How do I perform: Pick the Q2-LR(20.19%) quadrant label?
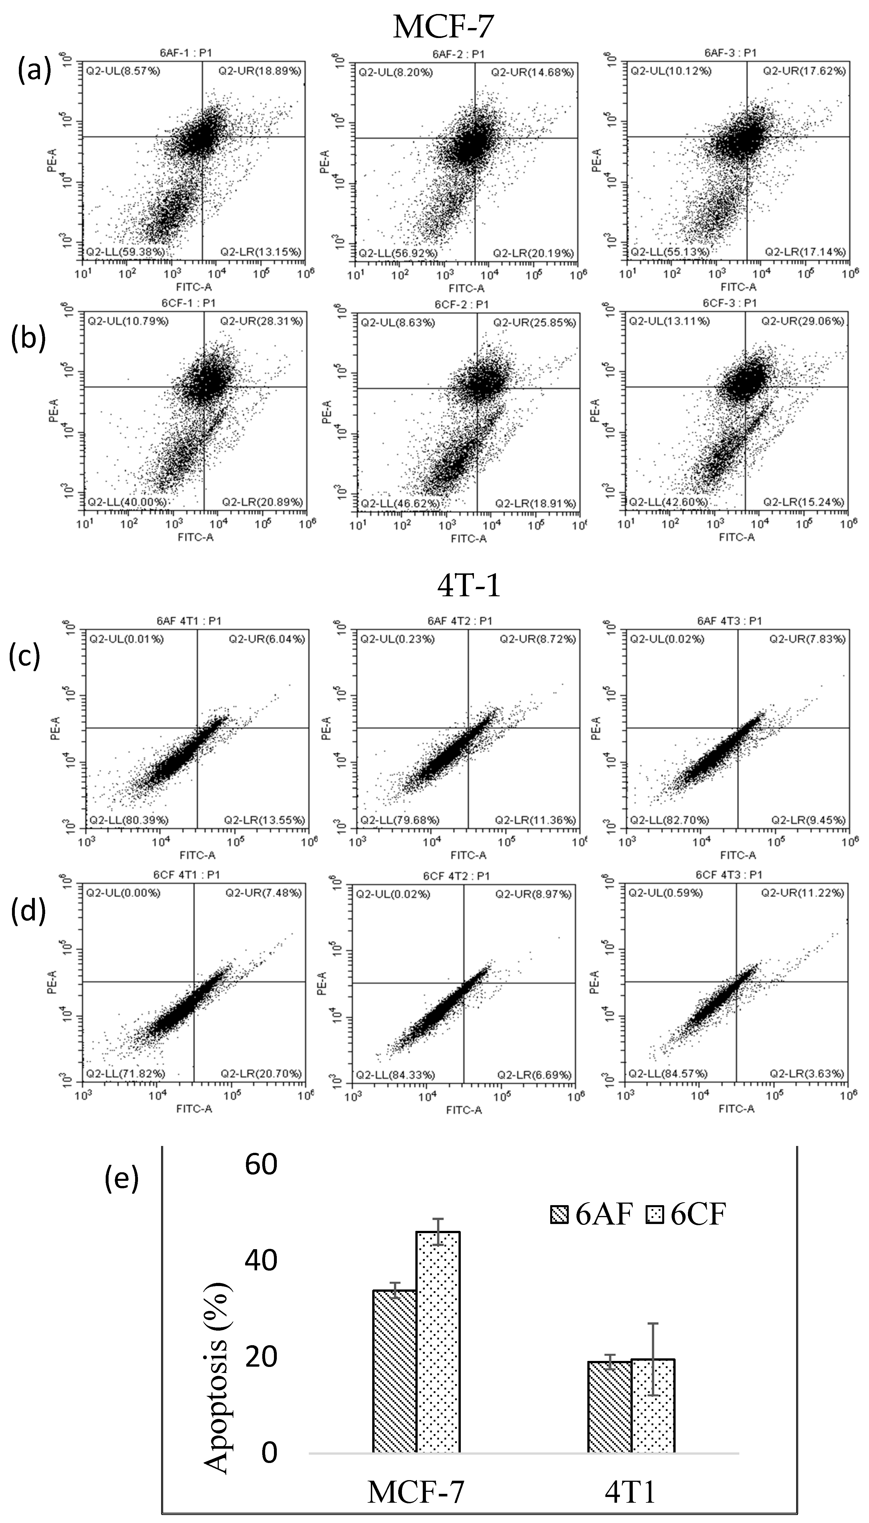tap(532, 253)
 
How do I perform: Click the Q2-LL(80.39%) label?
tap(128, 820)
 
